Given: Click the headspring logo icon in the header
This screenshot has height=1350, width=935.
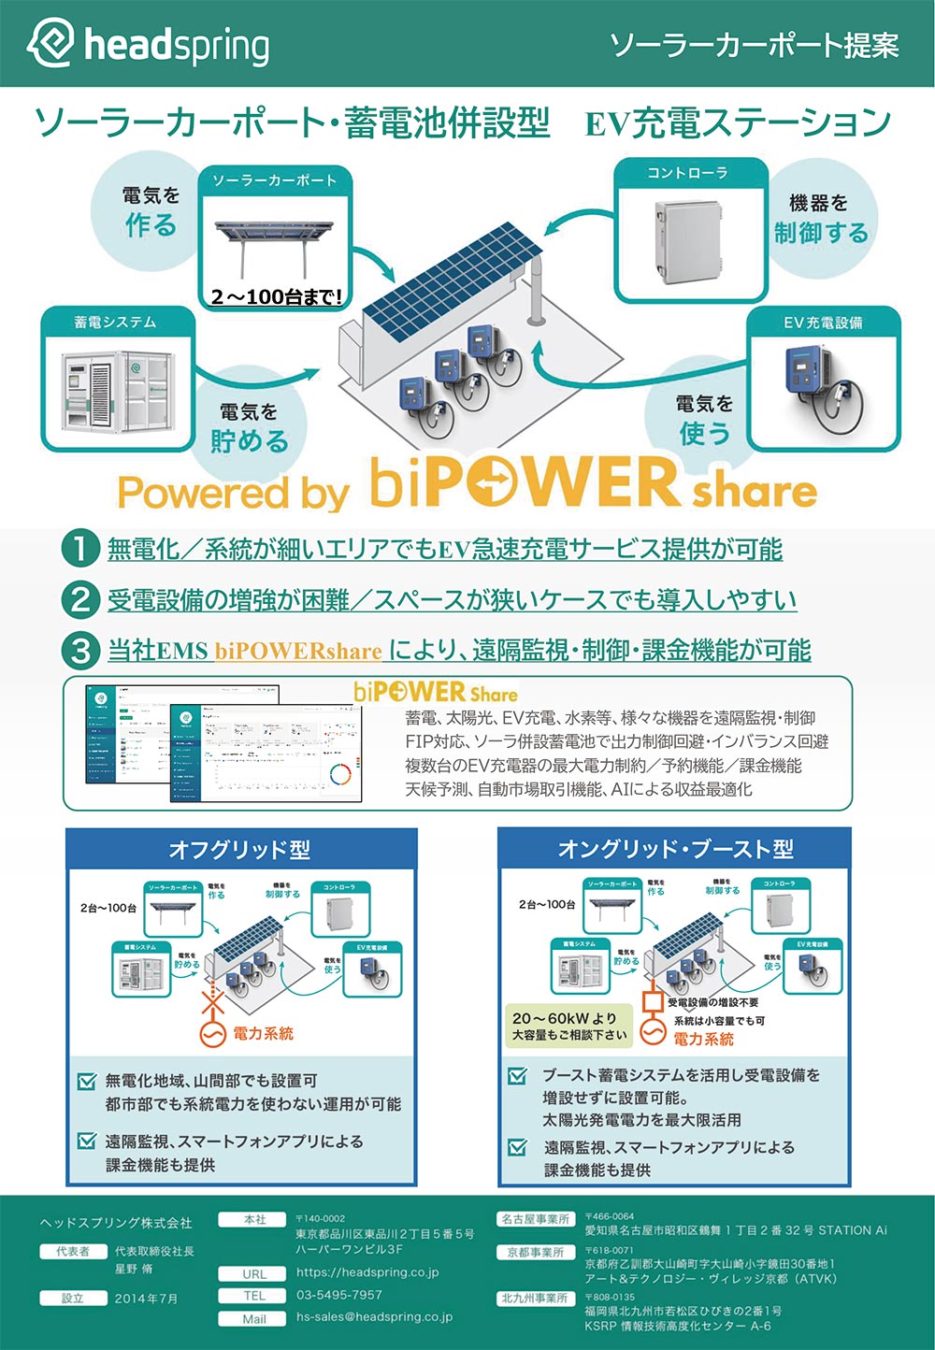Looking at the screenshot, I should coord(50,43).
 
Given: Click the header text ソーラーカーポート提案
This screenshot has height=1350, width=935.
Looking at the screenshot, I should coord(754,45).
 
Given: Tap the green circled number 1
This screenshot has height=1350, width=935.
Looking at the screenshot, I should coord(80,549).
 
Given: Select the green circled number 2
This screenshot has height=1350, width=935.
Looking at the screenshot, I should coord(80,599).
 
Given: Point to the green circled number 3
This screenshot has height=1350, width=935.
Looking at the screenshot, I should coord(80,650).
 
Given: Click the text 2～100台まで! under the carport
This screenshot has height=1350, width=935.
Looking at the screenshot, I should coord(276,297).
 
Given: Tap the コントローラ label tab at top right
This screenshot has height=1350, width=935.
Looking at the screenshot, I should coord(687,173).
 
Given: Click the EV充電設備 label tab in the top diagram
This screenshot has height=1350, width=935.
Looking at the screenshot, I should coord(823,323).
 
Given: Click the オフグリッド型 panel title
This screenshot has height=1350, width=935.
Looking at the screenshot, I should coord(239,850).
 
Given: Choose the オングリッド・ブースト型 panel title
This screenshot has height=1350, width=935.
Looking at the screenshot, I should coord(675,849).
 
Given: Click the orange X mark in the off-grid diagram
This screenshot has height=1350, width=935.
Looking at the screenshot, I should coord(214,1003).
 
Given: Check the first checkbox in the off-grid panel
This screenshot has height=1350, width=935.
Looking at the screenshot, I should coord(87,1082).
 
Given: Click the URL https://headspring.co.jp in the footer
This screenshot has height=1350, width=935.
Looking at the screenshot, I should coord(367,1272).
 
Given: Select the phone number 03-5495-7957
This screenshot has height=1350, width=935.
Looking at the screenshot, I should coord(339,1295).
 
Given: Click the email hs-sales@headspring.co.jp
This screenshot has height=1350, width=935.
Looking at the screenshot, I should coord(374,1316).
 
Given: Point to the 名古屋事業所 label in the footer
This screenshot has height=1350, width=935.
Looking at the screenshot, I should coord(535,1219).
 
